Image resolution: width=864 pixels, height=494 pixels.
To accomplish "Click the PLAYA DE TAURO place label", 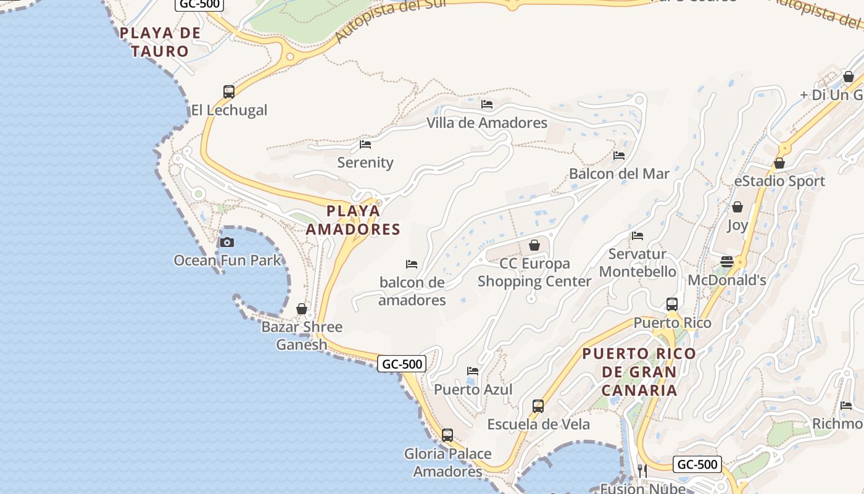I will tap(160, 42).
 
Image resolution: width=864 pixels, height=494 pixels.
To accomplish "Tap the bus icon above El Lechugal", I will tap(229, 92).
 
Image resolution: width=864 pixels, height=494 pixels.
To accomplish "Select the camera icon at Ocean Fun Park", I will tap(227, 242).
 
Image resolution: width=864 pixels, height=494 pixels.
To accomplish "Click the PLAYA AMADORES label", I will tap(354, 220).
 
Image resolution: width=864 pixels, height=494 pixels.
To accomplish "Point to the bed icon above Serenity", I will tap(365, 144).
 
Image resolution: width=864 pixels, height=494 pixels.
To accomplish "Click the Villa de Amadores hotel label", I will tap(487, 123).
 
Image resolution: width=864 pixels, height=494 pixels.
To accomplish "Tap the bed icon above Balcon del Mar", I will tap(619, 156).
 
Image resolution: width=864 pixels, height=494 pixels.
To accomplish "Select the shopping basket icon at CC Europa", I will tap(534, 246).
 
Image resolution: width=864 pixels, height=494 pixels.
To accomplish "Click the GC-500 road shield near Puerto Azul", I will tap(402, 364).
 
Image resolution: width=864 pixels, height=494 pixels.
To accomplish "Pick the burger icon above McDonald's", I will tap(727, 262).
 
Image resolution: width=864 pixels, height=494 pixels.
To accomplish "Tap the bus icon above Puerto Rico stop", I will tap(672, 304).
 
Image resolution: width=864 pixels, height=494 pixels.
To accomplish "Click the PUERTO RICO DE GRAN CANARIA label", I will tap(639, 372).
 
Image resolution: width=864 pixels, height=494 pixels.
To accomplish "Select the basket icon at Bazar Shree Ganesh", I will tap(302, 309).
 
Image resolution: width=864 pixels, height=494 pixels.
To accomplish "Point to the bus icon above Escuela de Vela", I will tap(538, 406).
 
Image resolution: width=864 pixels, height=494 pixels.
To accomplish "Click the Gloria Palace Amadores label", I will tap(448, 463).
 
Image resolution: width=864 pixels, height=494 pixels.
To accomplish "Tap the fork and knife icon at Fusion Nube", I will tap(642, 471).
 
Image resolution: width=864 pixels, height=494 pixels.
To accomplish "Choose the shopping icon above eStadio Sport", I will tap(779, 164).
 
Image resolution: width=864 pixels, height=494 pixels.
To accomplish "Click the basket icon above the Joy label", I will tap(737, 207).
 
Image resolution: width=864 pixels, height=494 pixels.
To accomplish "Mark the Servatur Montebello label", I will tap(638, 263).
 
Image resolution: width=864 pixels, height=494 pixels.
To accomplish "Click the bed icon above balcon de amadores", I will tap(412, 264).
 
